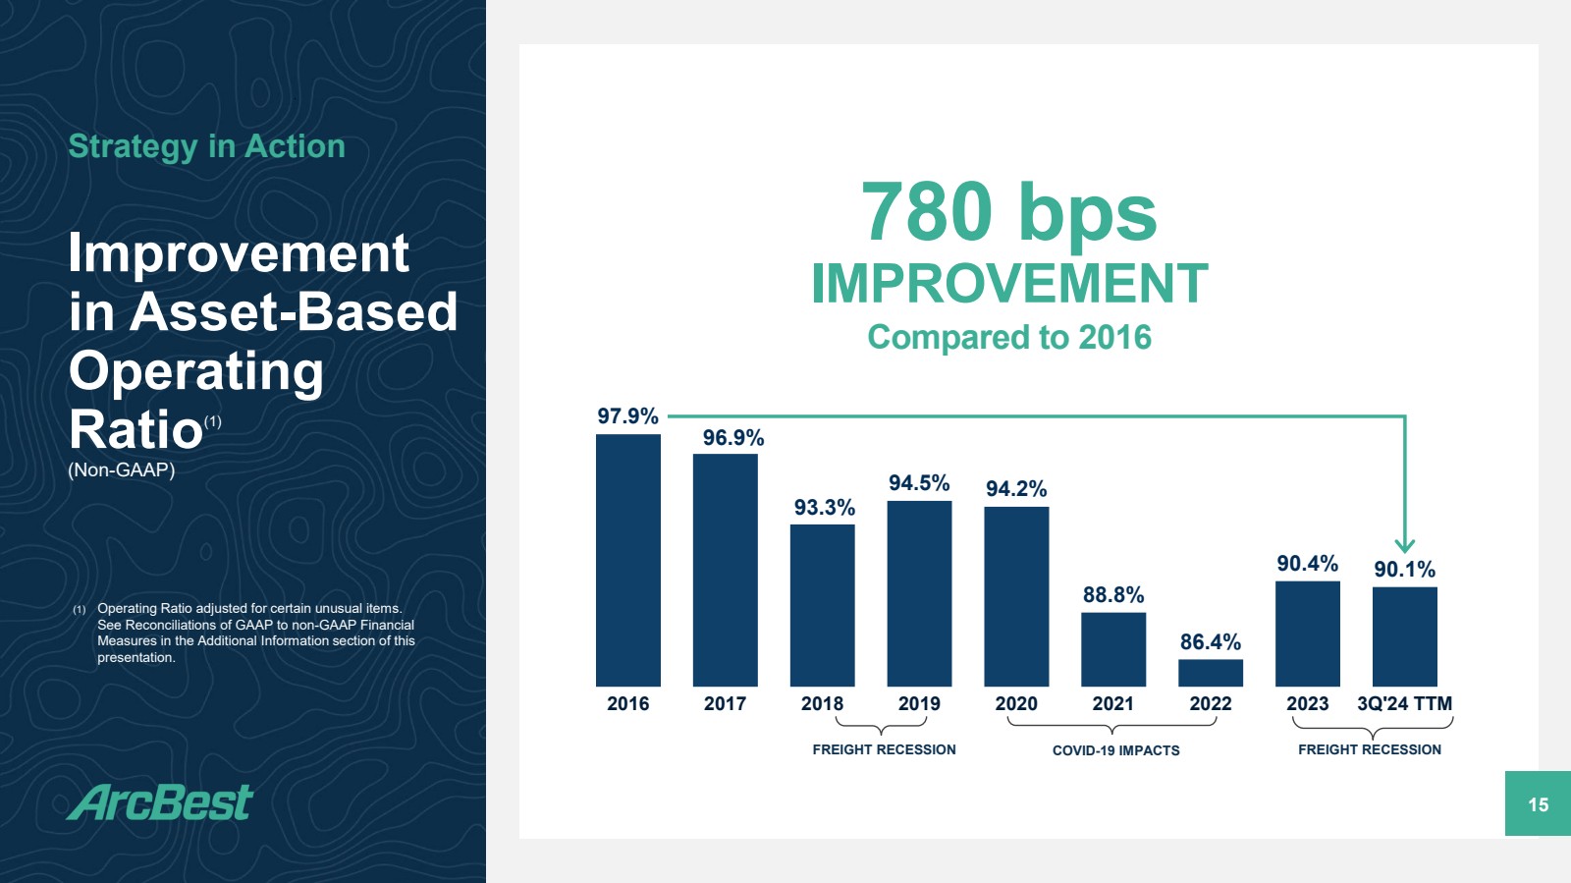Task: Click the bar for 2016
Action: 627,560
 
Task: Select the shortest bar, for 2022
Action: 1210,673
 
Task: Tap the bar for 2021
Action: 1112,649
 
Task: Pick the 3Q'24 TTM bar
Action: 1404,636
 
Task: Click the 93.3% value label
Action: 824,508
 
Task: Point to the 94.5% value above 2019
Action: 919,483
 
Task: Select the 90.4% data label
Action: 1307,564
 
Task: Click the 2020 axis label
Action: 1016,704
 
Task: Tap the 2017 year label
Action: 725,704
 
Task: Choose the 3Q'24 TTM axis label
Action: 1404,704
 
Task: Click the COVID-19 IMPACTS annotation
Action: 1115,750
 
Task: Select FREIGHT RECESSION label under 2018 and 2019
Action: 884,749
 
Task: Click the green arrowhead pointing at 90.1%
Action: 1405,545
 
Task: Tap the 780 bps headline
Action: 1009,212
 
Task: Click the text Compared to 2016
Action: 1009,337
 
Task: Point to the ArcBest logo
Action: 160,802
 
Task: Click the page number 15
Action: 1538,804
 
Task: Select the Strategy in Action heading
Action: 206,146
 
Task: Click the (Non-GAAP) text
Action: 122,469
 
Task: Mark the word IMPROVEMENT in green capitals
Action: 1009,284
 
